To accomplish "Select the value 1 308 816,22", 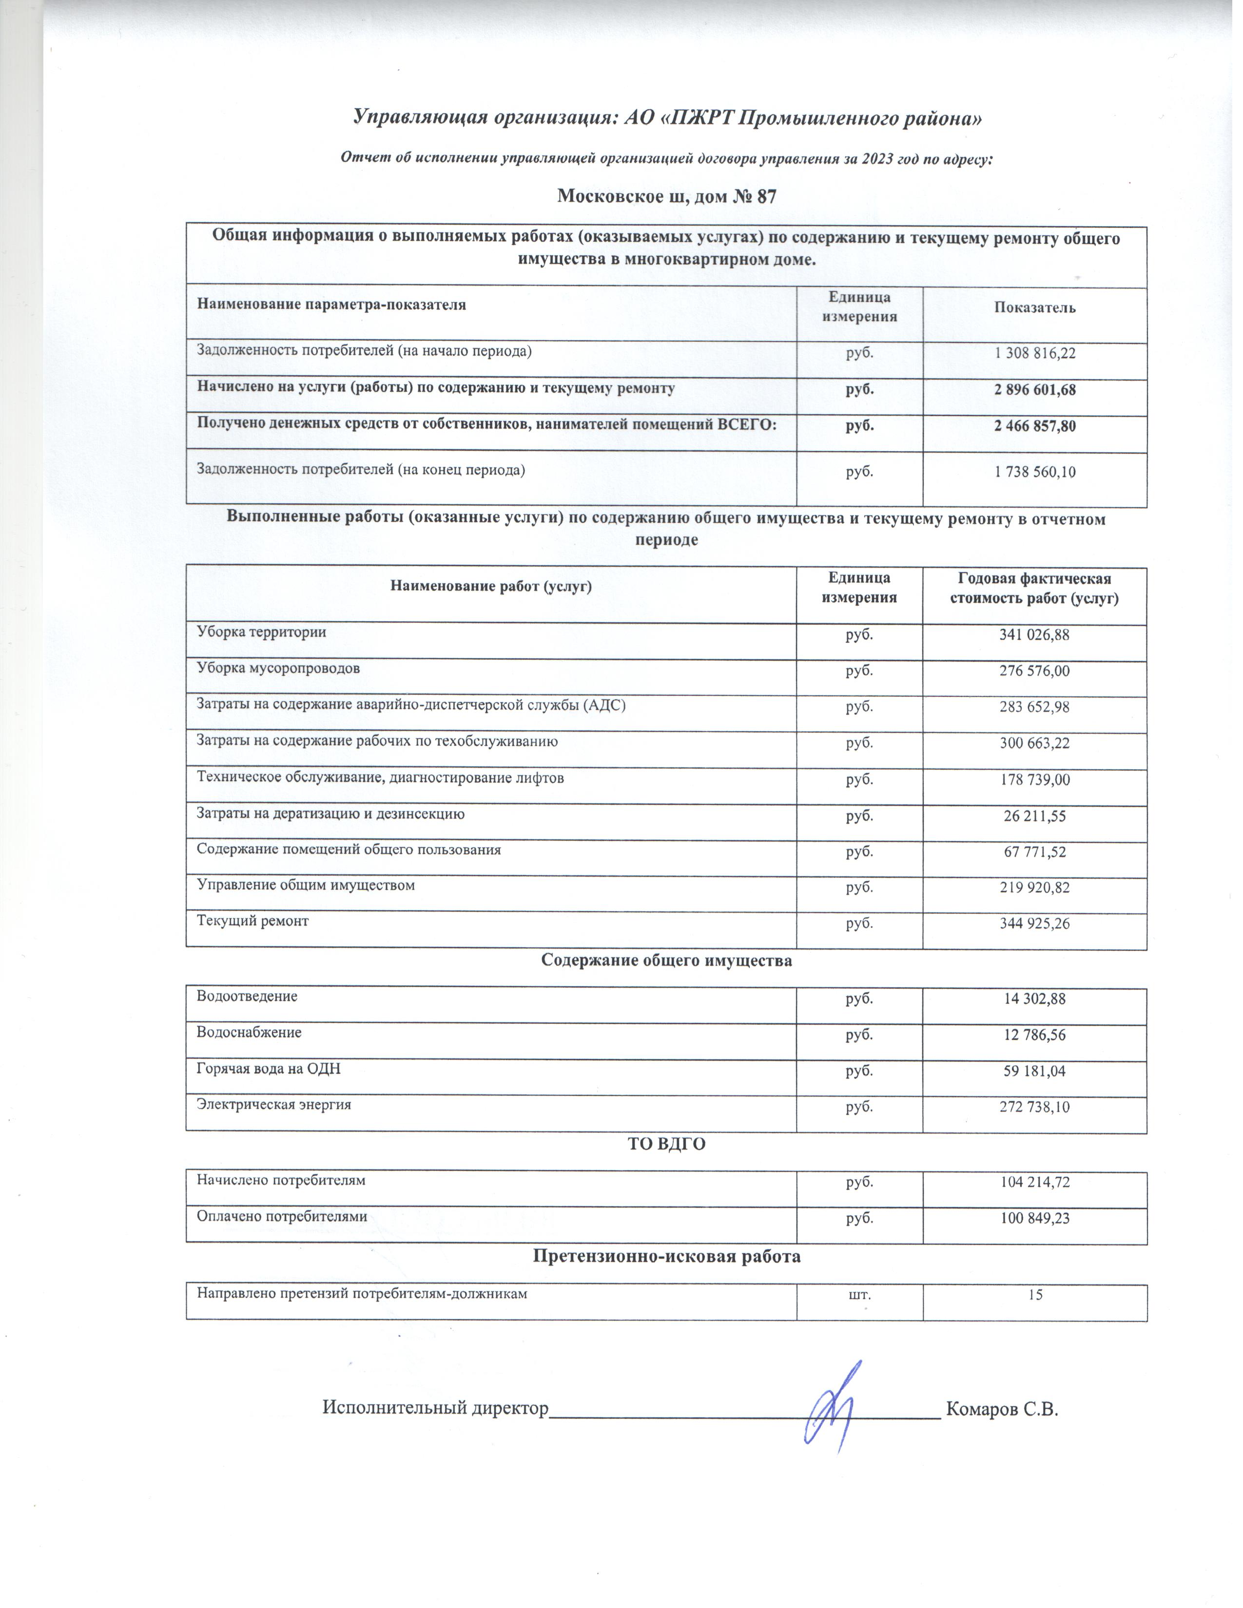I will pos(1034,353).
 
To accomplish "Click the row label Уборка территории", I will pos(261,632).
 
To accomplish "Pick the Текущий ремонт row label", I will pos(252,920).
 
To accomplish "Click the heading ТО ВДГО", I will pos(666,1144).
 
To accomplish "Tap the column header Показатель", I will pos(1034,308).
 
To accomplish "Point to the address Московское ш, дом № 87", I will pos(666,196).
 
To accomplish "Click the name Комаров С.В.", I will pos(1002,1409).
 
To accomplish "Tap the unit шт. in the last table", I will pos(858,1294).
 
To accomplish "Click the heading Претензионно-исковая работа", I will pos(666,1256).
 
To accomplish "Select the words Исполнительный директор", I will pos(436,1408).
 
